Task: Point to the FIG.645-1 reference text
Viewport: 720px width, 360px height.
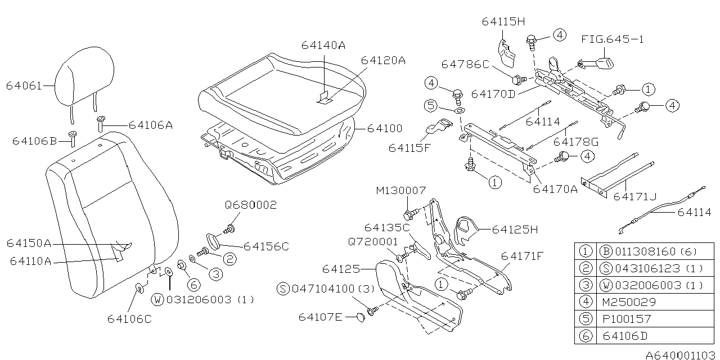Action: tap(612, 39)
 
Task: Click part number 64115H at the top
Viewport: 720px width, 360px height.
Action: tap(503, 21)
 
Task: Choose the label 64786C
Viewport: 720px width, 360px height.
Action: tap(465, 64)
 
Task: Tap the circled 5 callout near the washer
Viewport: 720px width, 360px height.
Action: tap(431, 105)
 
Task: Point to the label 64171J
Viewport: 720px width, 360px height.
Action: tap(636, 196)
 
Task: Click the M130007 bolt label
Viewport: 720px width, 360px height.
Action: tap(401, 191)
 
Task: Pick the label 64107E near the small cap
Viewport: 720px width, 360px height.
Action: tap(320, 317)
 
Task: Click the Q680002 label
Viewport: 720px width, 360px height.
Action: tap(251, 205)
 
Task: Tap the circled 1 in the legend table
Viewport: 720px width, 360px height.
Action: tap(586, 251)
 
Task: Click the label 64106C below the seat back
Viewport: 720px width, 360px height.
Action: tap(130, 319)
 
